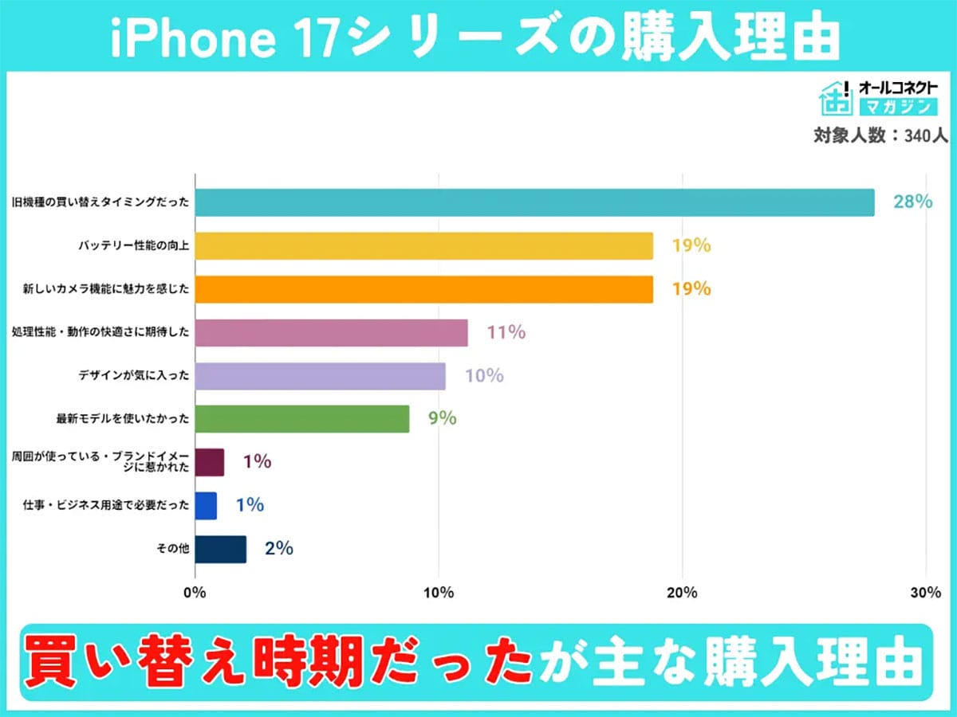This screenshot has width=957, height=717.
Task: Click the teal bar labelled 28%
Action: (534, 202)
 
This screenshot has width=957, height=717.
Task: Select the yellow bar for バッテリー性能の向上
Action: (423, 246)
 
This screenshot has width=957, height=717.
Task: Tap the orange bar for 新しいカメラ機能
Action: (423, 289)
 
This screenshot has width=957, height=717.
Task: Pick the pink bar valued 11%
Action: (331, 332)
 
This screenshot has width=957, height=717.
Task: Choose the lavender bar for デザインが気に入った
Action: (320, 376)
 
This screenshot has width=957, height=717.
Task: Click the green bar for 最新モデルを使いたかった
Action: (301, 419)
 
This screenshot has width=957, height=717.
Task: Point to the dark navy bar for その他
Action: (220, 549)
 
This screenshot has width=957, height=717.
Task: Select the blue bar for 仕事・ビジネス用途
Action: (206, 506)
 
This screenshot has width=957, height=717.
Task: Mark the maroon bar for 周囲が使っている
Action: (209, 462)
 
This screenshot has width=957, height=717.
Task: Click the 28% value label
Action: (912, 202)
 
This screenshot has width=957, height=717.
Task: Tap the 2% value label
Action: (279, 548)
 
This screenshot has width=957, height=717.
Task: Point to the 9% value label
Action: (442, 418)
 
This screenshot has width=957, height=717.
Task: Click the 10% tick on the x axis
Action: (439, 593)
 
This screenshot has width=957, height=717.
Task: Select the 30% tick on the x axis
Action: (925, 593)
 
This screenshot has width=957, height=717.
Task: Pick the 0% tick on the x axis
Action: (195, 593)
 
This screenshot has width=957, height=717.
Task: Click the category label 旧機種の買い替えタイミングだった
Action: (100, 203)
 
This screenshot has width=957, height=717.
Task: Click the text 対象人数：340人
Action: (880, 135)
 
